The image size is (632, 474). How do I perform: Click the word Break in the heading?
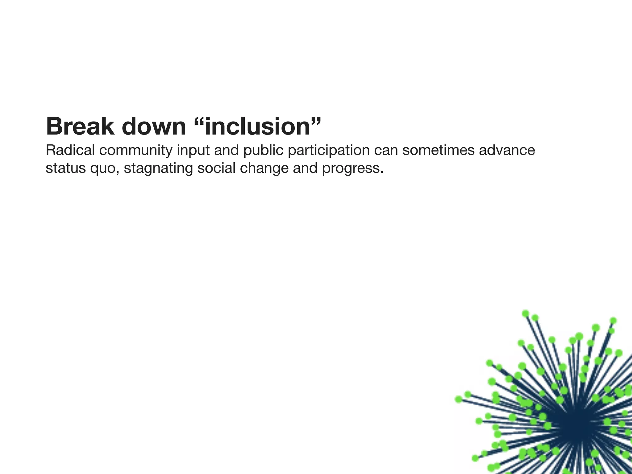click(80, 126)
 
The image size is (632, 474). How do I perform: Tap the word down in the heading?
click(154, 126)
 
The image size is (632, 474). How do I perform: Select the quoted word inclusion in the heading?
click(258, 126)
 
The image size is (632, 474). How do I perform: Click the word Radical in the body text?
click(70, 150)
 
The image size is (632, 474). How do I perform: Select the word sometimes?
click(438, 150)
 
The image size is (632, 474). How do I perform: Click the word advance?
click(507, 150)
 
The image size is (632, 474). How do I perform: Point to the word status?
click(65, 168)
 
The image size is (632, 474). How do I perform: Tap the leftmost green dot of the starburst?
click(459, 399)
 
